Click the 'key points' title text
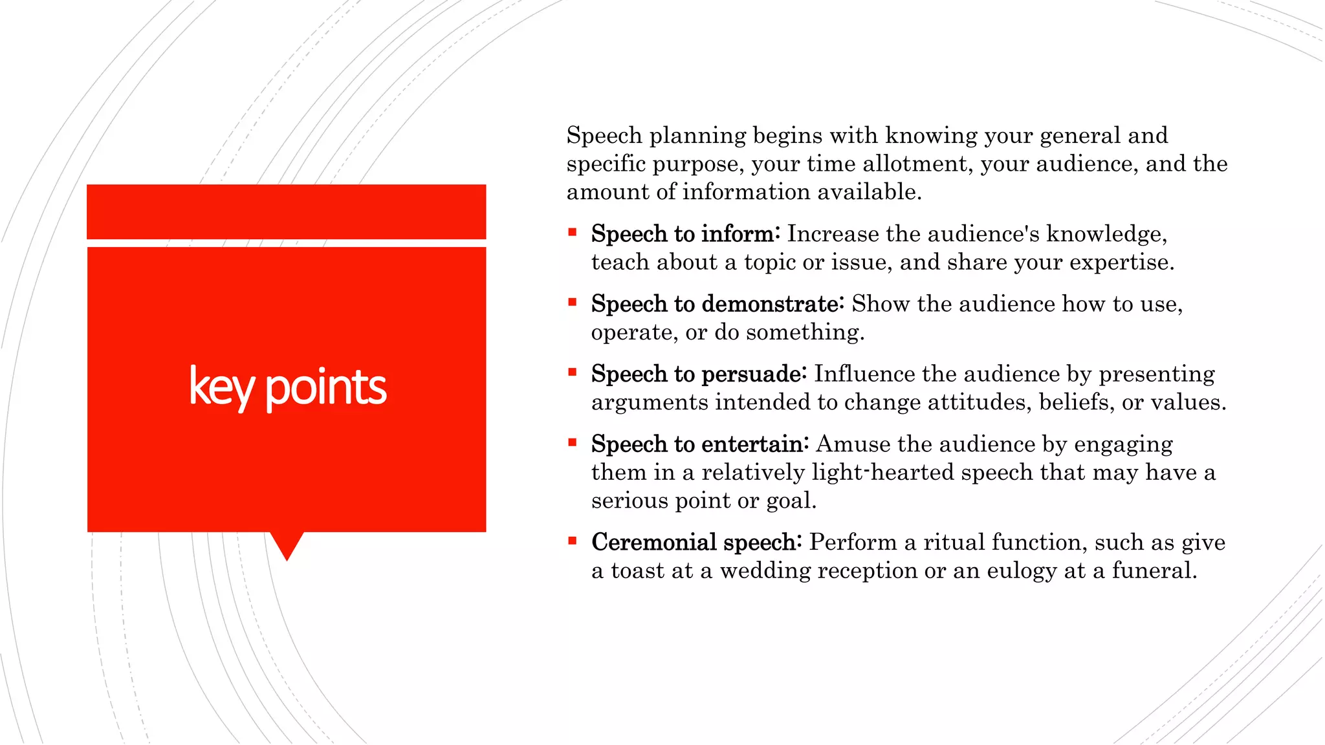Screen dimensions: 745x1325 [287, 387]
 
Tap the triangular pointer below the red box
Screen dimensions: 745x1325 [287, 545]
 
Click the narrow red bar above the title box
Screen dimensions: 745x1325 [287, 211]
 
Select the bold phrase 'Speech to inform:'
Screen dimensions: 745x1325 [685, 233]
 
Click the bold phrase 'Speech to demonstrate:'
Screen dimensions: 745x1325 [717, 303]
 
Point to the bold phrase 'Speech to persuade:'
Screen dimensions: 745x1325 [698, 374]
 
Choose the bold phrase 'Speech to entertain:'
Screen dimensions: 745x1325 [699, 444]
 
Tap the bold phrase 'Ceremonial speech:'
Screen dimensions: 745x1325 [696, 542]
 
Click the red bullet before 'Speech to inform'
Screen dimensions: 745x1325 [572, 232]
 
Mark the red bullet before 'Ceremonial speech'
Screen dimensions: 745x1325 [572, 540]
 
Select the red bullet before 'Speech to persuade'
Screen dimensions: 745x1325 [572, 372]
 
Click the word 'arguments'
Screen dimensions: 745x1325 [650, 403]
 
